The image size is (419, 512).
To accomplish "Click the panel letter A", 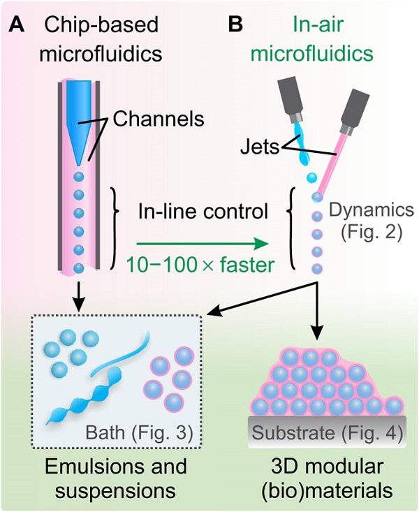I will (18, 26).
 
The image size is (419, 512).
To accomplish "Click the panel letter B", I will (236, 26).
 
